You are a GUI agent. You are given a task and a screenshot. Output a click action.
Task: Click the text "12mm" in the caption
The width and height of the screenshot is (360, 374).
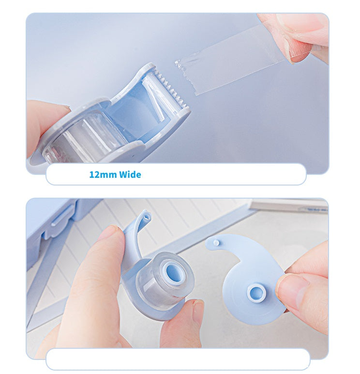coord(103,174)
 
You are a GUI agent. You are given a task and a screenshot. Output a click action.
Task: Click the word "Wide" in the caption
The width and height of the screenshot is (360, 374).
coord(130,174)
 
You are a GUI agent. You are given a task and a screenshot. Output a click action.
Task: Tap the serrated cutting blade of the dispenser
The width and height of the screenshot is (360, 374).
coord(173,91)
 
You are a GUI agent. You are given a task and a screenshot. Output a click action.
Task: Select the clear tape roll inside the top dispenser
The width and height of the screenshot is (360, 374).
coord(83,139)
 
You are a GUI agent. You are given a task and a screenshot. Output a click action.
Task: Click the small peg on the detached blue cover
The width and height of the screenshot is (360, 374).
coord(216,243)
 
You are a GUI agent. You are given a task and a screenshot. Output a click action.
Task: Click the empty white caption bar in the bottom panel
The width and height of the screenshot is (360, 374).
coord(178,359)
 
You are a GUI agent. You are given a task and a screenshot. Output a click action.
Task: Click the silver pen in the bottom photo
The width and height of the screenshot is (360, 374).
coord(289,206)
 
